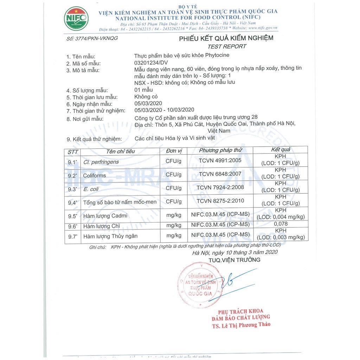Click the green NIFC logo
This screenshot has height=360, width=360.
click(76, 19)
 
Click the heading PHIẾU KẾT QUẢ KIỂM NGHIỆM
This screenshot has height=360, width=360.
click(226, 38)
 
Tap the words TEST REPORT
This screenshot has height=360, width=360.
click(227, 46)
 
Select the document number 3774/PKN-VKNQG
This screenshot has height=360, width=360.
click(92, 38)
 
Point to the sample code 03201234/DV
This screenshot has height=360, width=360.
click(152, 63)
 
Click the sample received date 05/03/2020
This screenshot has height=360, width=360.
click(148, 104)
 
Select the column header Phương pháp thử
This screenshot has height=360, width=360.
click(220, 150)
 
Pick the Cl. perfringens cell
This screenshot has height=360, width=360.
click(101, 162)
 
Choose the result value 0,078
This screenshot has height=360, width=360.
click(281, 224)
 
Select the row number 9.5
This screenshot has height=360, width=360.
click(72, 216)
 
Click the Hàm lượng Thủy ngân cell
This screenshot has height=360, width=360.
click(110, 236)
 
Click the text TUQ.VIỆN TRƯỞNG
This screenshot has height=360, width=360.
click(234, 260)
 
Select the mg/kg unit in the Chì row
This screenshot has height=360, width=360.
click(174, 225)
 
